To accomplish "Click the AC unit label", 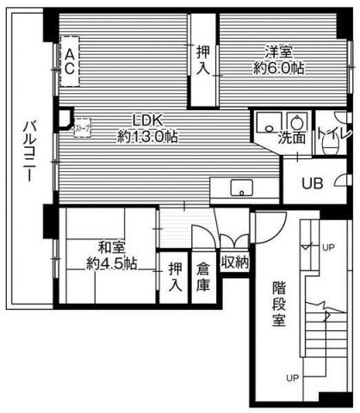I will coord(68,63).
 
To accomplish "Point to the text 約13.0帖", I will coord(147,136).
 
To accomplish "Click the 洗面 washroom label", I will coord(290,137).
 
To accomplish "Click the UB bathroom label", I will coord(312,182).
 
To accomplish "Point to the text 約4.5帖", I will coord(111,263).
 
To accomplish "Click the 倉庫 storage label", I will coord(202,275).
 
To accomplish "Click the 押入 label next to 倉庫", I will coord(175,276).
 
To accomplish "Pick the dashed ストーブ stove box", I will coord(83,128).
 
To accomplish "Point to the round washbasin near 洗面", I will coord(298,120).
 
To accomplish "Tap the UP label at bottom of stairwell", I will coord(292,378).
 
